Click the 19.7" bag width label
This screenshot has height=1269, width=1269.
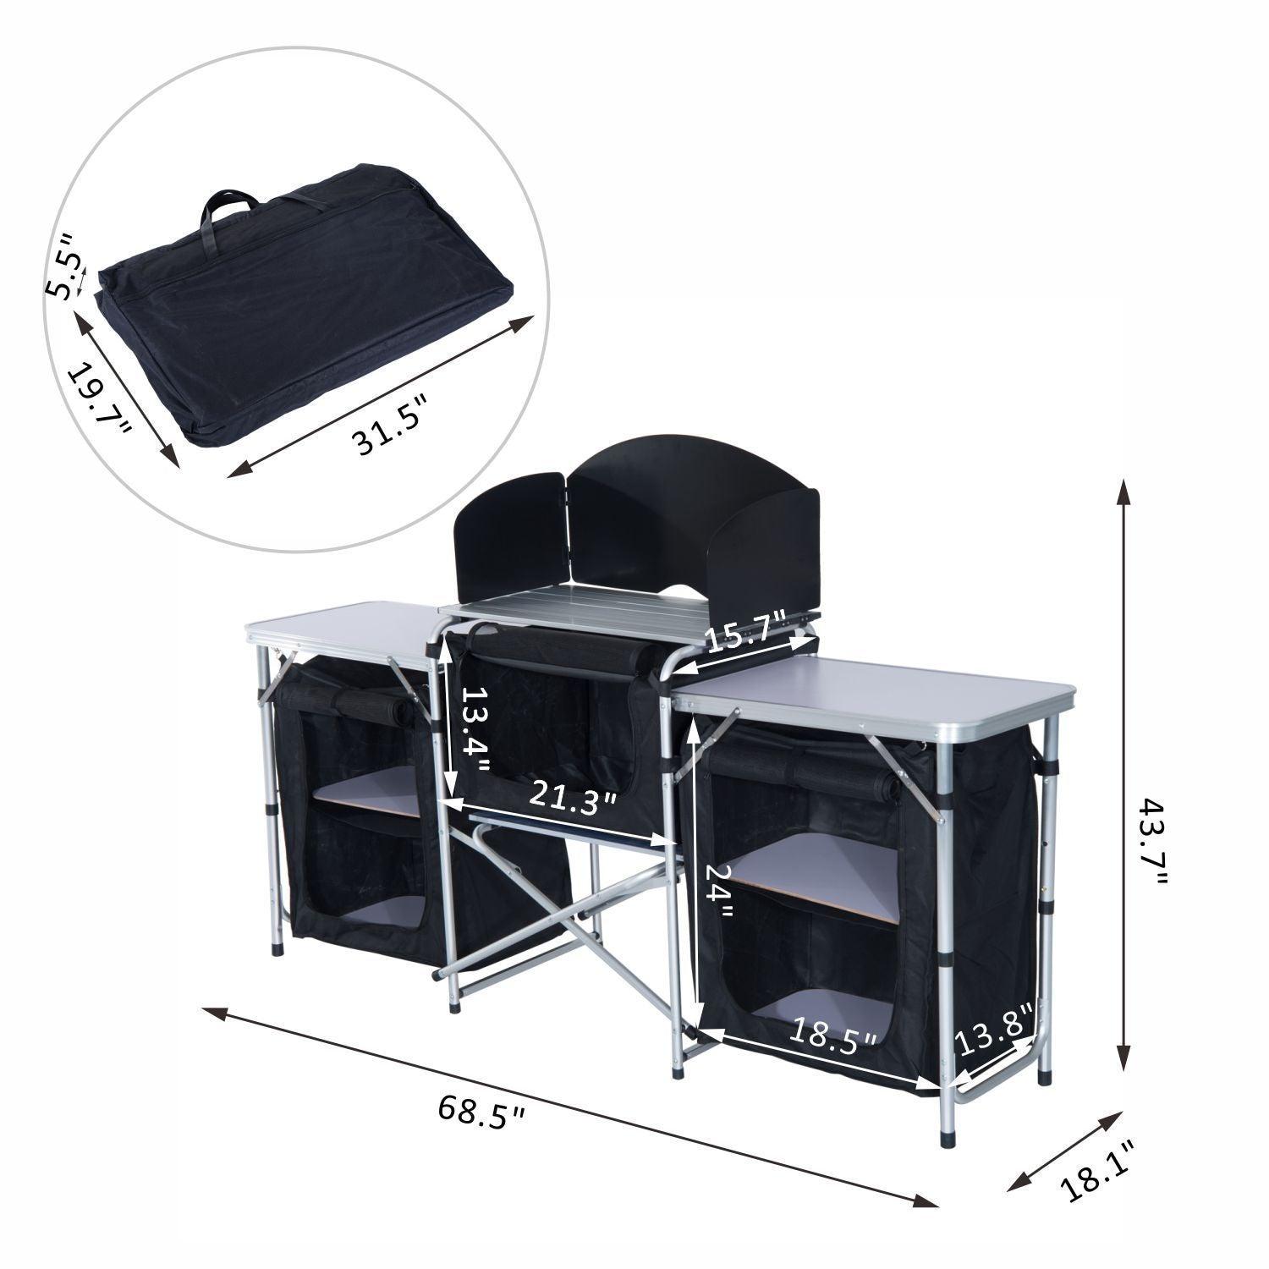tap(99, 398)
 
